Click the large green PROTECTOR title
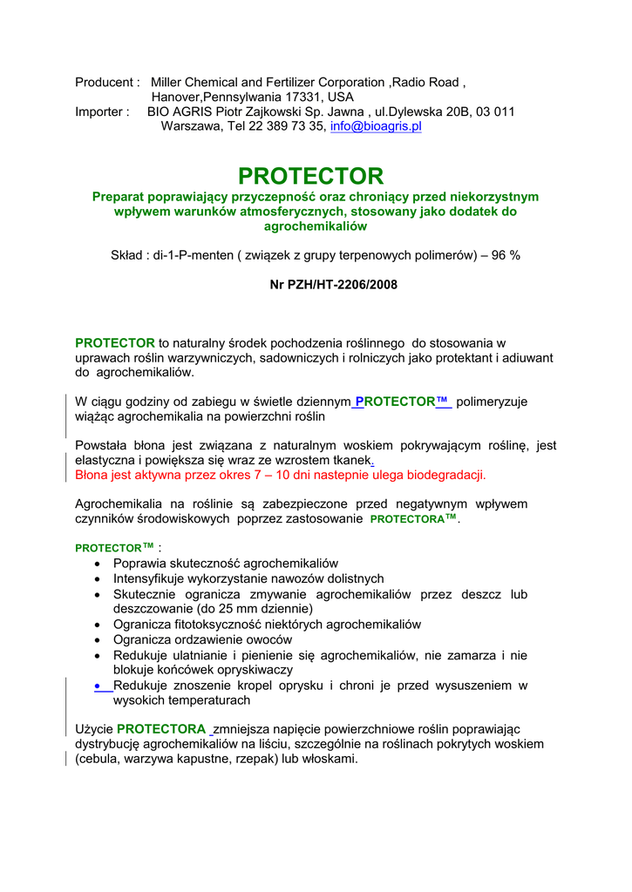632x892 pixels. [x=310, y=176]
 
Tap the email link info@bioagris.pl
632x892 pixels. [x=376, y=126]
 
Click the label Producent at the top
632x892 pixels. [x=105, y=82]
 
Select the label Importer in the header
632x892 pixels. [x=101, y=111]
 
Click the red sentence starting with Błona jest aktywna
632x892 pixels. [x=281, y=475]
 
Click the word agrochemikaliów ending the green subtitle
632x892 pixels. [x=315, y=226]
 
